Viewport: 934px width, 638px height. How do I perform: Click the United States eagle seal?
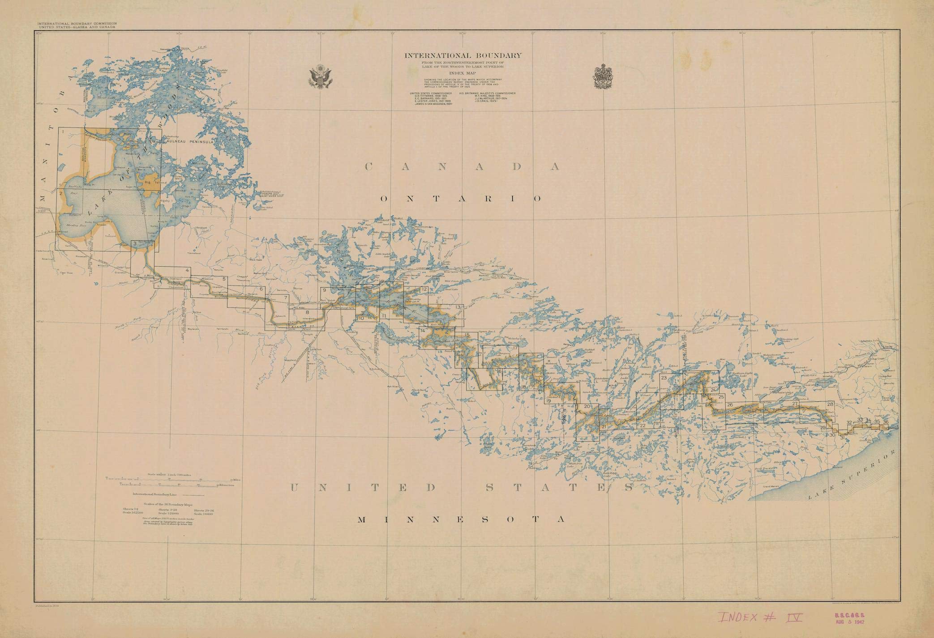coord(319,77)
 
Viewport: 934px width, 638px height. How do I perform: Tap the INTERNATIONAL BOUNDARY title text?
coord(463,56)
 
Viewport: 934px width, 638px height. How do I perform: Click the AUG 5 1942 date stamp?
coord(848,622)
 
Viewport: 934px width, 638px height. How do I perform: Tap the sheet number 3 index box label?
coord(134,243)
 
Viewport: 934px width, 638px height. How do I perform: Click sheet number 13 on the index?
coord(458,307)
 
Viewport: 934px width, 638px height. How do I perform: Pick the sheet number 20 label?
coord(587,407)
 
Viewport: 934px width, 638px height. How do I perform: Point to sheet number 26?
coord(730,405)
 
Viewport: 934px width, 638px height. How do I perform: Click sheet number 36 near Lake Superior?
coord(885,421)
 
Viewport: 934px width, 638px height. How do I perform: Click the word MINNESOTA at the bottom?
coord(461,519)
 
